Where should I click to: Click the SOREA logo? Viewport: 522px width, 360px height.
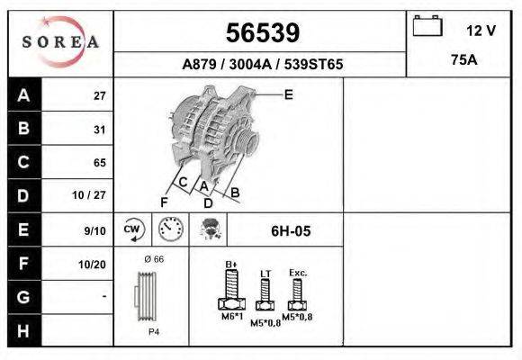[x=60, y=41]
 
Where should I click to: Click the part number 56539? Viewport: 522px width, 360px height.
[x=261, y=33]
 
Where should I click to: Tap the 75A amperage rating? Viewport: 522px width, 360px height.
[x=463, y=61]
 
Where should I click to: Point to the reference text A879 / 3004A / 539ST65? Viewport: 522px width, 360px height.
[x=262, y=65]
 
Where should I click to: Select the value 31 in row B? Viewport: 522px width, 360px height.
[x=99, y=130]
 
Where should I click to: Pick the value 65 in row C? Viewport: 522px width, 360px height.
[x=99, y=163]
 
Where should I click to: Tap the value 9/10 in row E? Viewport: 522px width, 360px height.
[x=94, y=230]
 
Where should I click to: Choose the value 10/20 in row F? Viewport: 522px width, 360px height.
[x=94, y=264]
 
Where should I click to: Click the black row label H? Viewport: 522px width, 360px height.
[x=23, y=330]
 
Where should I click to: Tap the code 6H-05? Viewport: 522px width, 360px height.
[x=290, y=231]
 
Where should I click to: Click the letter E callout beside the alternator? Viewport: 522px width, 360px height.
[x=288, y=94]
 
